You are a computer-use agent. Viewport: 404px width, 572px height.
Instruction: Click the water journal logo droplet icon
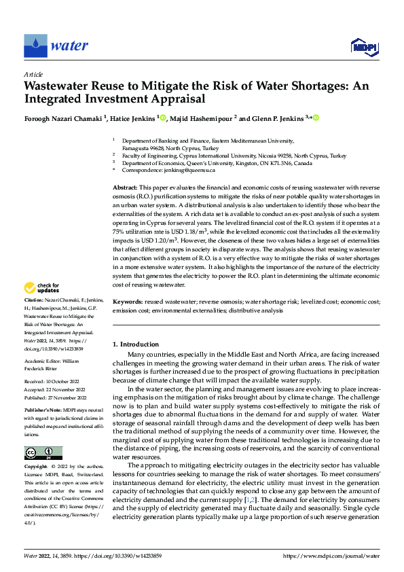pyautogui.click(x=35, y=46)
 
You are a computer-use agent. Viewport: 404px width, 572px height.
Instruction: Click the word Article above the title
pyautogui.click(x=33, y=74)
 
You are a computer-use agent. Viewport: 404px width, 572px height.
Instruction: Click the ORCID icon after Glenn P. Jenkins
pyautogui.click(x=316, y=118)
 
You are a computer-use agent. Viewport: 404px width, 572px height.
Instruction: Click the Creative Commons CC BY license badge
pyautogui.click(x=43, y=454)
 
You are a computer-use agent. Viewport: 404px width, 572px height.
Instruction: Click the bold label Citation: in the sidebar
pyautogui.click(x=34, y=318)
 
